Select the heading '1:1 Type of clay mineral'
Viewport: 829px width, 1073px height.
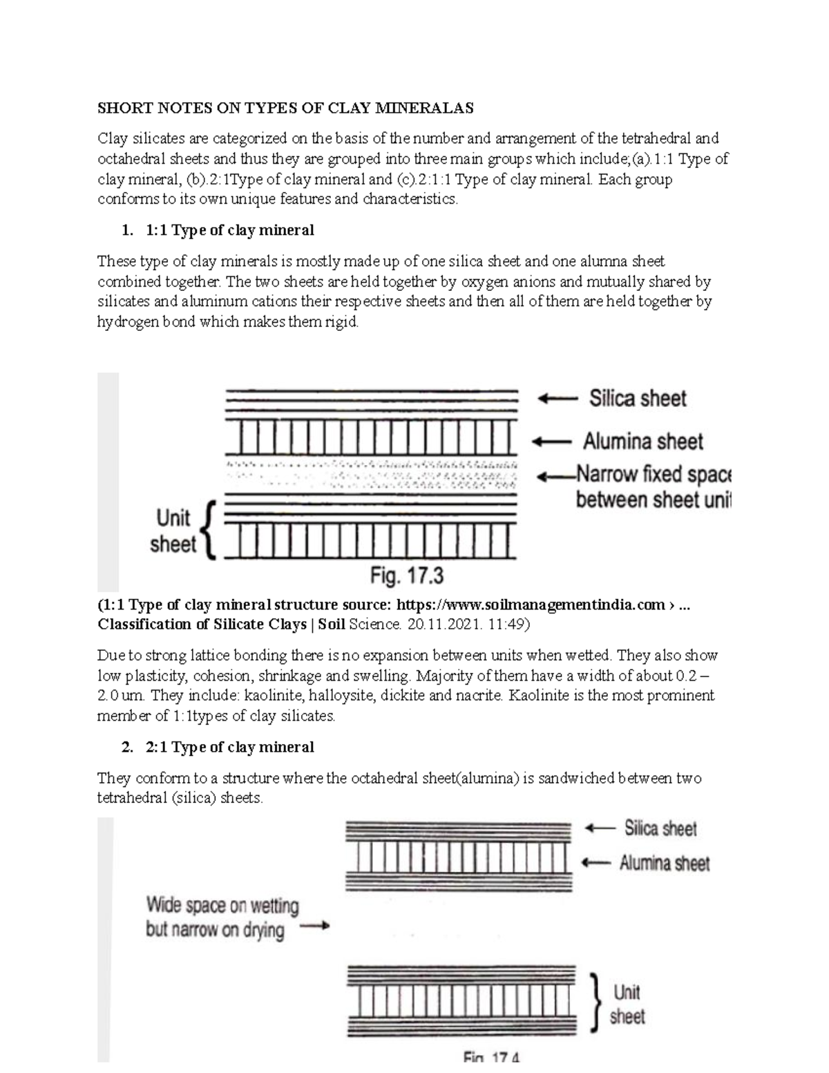(229, 230)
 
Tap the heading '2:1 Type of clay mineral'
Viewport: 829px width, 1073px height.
(229, 747)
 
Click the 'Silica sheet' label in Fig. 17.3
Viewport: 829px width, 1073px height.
(637, 399)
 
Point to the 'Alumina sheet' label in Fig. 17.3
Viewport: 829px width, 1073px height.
(642, 441)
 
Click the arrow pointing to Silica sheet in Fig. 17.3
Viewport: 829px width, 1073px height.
(558, 399)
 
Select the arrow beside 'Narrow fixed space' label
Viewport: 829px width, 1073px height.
(555, 476)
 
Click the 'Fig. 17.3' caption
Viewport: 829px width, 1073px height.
(407, 576)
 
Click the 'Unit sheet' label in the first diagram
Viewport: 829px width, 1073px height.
(173, 531)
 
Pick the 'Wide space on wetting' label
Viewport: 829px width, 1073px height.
(222, 905)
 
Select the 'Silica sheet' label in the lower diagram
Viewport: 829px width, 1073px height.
(660, 828)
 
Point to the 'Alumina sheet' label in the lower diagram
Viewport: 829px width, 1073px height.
(664, 863)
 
